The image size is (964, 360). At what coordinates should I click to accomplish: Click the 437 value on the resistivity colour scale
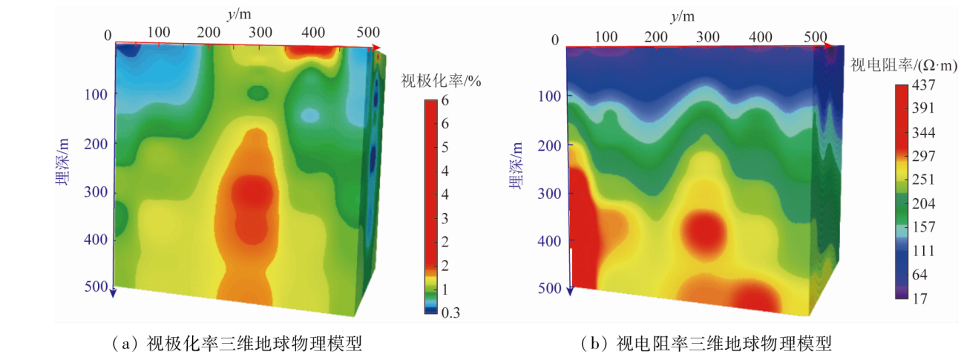922,85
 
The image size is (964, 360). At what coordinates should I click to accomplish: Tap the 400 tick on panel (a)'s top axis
314,33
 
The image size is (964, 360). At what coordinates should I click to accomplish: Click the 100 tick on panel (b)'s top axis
606,36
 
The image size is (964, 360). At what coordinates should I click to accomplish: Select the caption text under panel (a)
235,344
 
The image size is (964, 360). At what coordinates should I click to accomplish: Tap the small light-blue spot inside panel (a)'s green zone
309,115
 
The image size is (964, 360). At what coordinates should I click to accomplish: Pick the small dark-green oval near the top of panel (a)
258,93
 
